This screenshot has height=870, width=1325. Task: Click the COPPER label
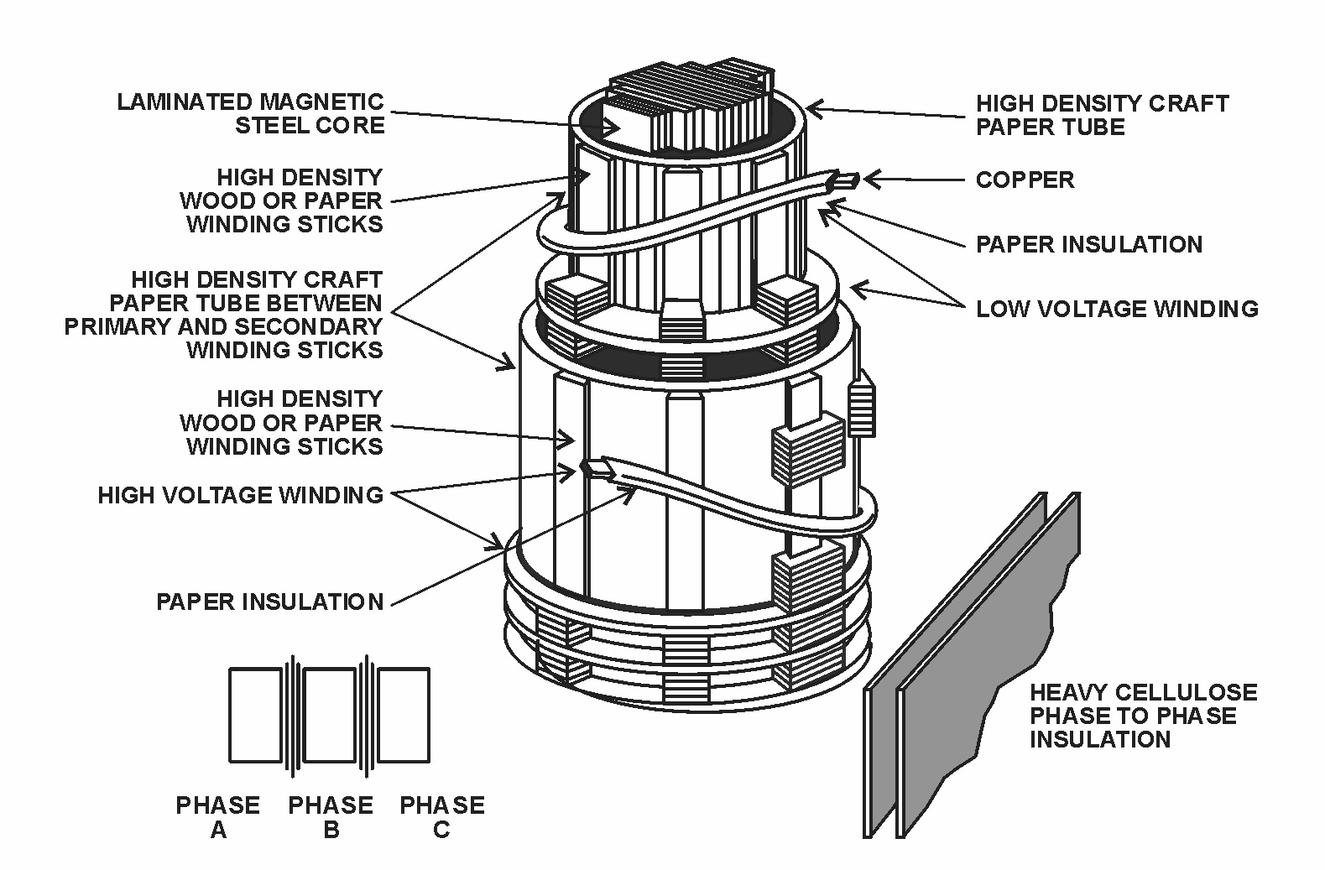pos(1025,180)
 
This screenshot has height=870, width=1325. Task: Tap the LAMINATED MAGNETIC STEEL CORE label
pos(251,113)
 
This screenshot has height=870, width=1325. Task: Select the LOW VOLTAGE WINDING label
pos(1117,309)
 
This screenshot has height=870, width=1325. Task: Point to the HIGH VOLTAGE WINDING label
pos(240,495)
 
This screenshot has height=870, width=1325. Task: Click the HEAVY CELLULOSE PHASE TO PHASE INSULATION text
pos(1144,716)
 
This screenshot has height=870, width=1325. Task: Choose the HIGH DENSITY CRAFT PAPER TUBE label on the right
pos(1103,115)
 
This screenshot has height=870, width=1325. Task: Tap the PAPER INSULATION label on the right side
pos(1089,244)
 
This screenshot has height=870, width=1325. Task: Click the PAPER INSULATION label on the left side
pos(269,602)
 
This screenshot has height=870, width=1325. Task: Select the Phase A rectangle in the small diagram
pos(255,715)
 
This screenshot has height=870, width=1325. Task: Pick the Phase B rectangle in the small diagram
pos(330,715)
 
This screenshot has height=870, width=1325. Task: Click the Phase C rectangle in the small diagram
pos(404,715)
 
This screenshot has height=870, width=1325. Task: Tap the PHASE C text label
pos(442,817)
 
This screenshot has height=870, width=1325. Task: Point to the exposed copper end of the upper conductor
pos(847,180)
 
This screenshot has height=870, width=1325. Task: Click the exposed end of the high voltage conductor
pos(597,469)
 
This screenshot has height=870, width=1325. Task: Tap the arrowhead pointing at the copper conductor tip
pos(873,179)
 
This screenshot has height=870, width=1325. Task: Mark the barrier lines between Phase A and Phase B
pos(292,715)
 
